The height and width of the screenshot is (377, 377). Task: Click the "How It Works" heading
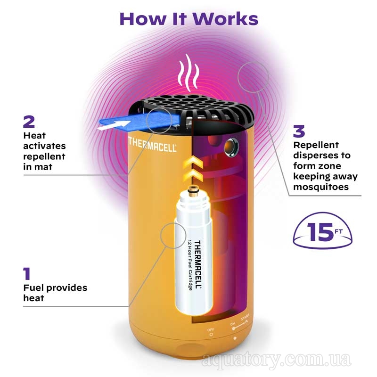(x=189, y=18)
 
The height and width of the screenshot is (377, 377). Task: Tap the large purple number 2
(x=29, y=122)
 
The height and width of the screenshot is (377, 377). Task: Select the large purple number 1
(x=27, y=274)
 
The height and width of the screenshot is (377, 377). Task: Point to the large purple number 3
(x=299, y=131)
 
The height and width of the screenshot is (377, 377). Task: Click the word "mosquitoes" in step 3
(x=321, y=187)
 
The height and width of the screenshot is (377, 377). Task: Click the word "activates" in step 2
(x=44, y=146)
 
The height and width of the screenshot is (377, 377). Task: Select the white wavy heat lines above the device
(x=189, y=73)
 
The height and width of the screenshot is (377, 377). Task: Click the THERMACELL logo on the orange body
(x=152, y=144)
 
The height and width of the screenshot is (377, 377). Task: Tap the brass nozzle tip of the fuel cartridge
(x=192, y=189)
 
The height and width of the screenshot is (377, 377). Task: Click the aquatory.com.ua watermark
(x=276, y=360)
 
